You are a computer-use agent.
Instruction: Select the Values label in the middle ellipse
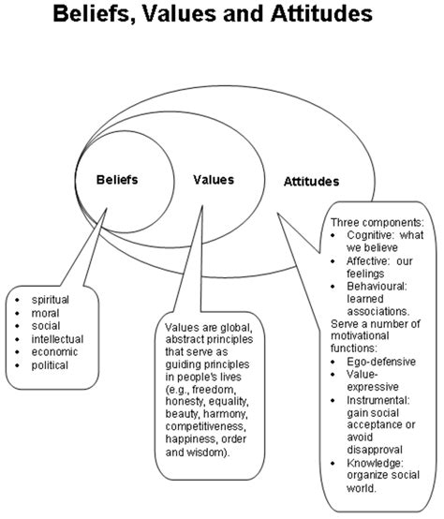pyautogui.click(x=214, y=178)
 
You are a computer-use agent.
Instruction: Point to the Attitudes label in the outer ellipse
pyautogui.click(x=311, y=181)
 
